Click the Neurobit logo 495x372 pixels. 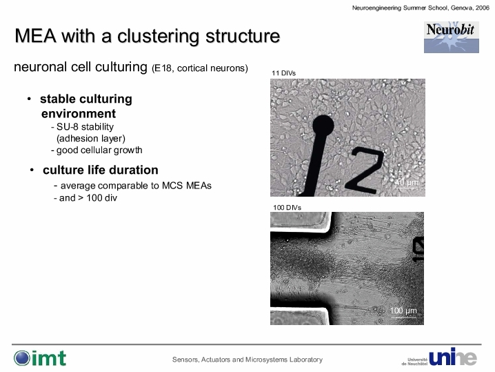tap(451, 37)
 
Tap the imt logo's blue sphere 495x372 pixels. tap(22, 358)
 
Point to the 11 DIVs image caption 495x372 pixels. tap(283, 73)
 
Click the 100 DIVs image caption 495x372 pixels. tap(287, 207)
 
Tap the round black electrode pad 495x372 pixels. tap(323, 126)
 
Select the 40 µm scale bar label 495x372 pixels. tap(406, 182)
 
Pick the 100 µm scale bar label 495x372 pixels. tap(403, 311)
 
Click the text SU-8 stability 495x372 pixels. tap(85, 127)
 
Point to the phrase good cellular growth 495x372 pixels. tap(99, 150)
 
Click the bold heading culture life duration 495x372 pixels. tap(101, 170)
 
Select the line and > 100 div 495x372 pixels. tap(88, 198)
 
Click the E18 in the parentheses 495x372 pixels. tap(163, 68)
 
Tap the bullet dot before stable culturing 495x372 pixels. tap(30, 99)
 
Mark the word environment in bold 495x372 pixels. tap(79, 113)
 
